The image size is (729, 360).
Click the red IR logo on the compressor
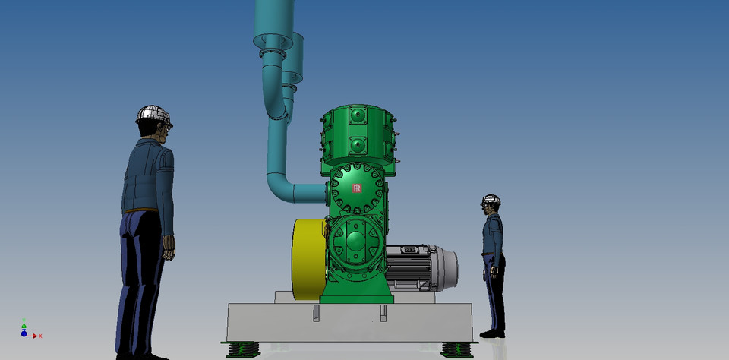pyautogui.click(x=357, y=188)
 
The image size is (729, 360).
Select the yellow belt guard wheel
pyautogui.click(x=308, y=259)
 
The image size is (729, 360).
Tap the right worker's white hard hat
pyautogui.click(x=491, y=201)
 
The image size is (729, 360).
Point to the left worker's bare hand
pyautogui.click(x=169, y=246)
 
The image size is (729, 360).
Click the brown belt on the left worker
pyautogui.click(x=141, y=210)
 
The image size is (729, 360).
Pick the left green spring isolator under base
pyautogui.click(x=243, y=349)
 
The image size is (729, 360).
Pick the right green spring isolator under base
pyautogui.click(x=457, y=349)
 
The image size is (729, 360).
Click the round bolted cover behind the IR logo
pyautogui.click(x=358, y=190)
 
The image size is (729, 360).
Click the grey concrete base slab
pyautogui.click(x=349, y=323)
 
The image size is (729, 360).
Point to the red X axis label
pyautogui.click(x=39, y=336)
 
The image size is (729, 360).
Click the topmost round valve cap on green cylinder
pyautogui.click(x=358, y=115)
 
